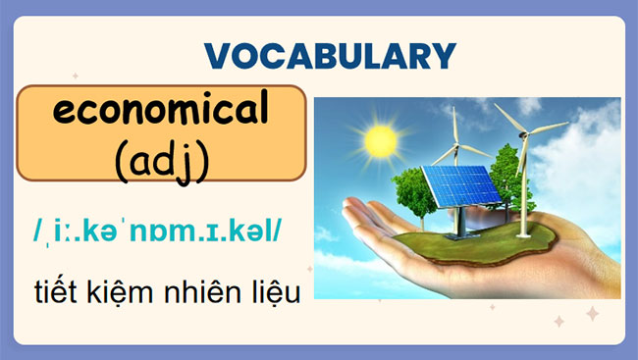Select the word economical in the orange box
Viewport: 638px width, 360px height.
pos(161,113)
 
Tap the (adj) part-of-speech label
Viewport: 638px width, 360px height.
pos(161,158)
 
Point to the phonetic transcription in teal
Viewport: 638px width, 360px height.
pos(157,231)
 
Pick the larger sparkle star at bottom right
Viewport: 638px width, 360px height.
pos(592,313)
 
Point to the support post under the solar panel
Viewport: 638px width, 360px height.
pos(453,223)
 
